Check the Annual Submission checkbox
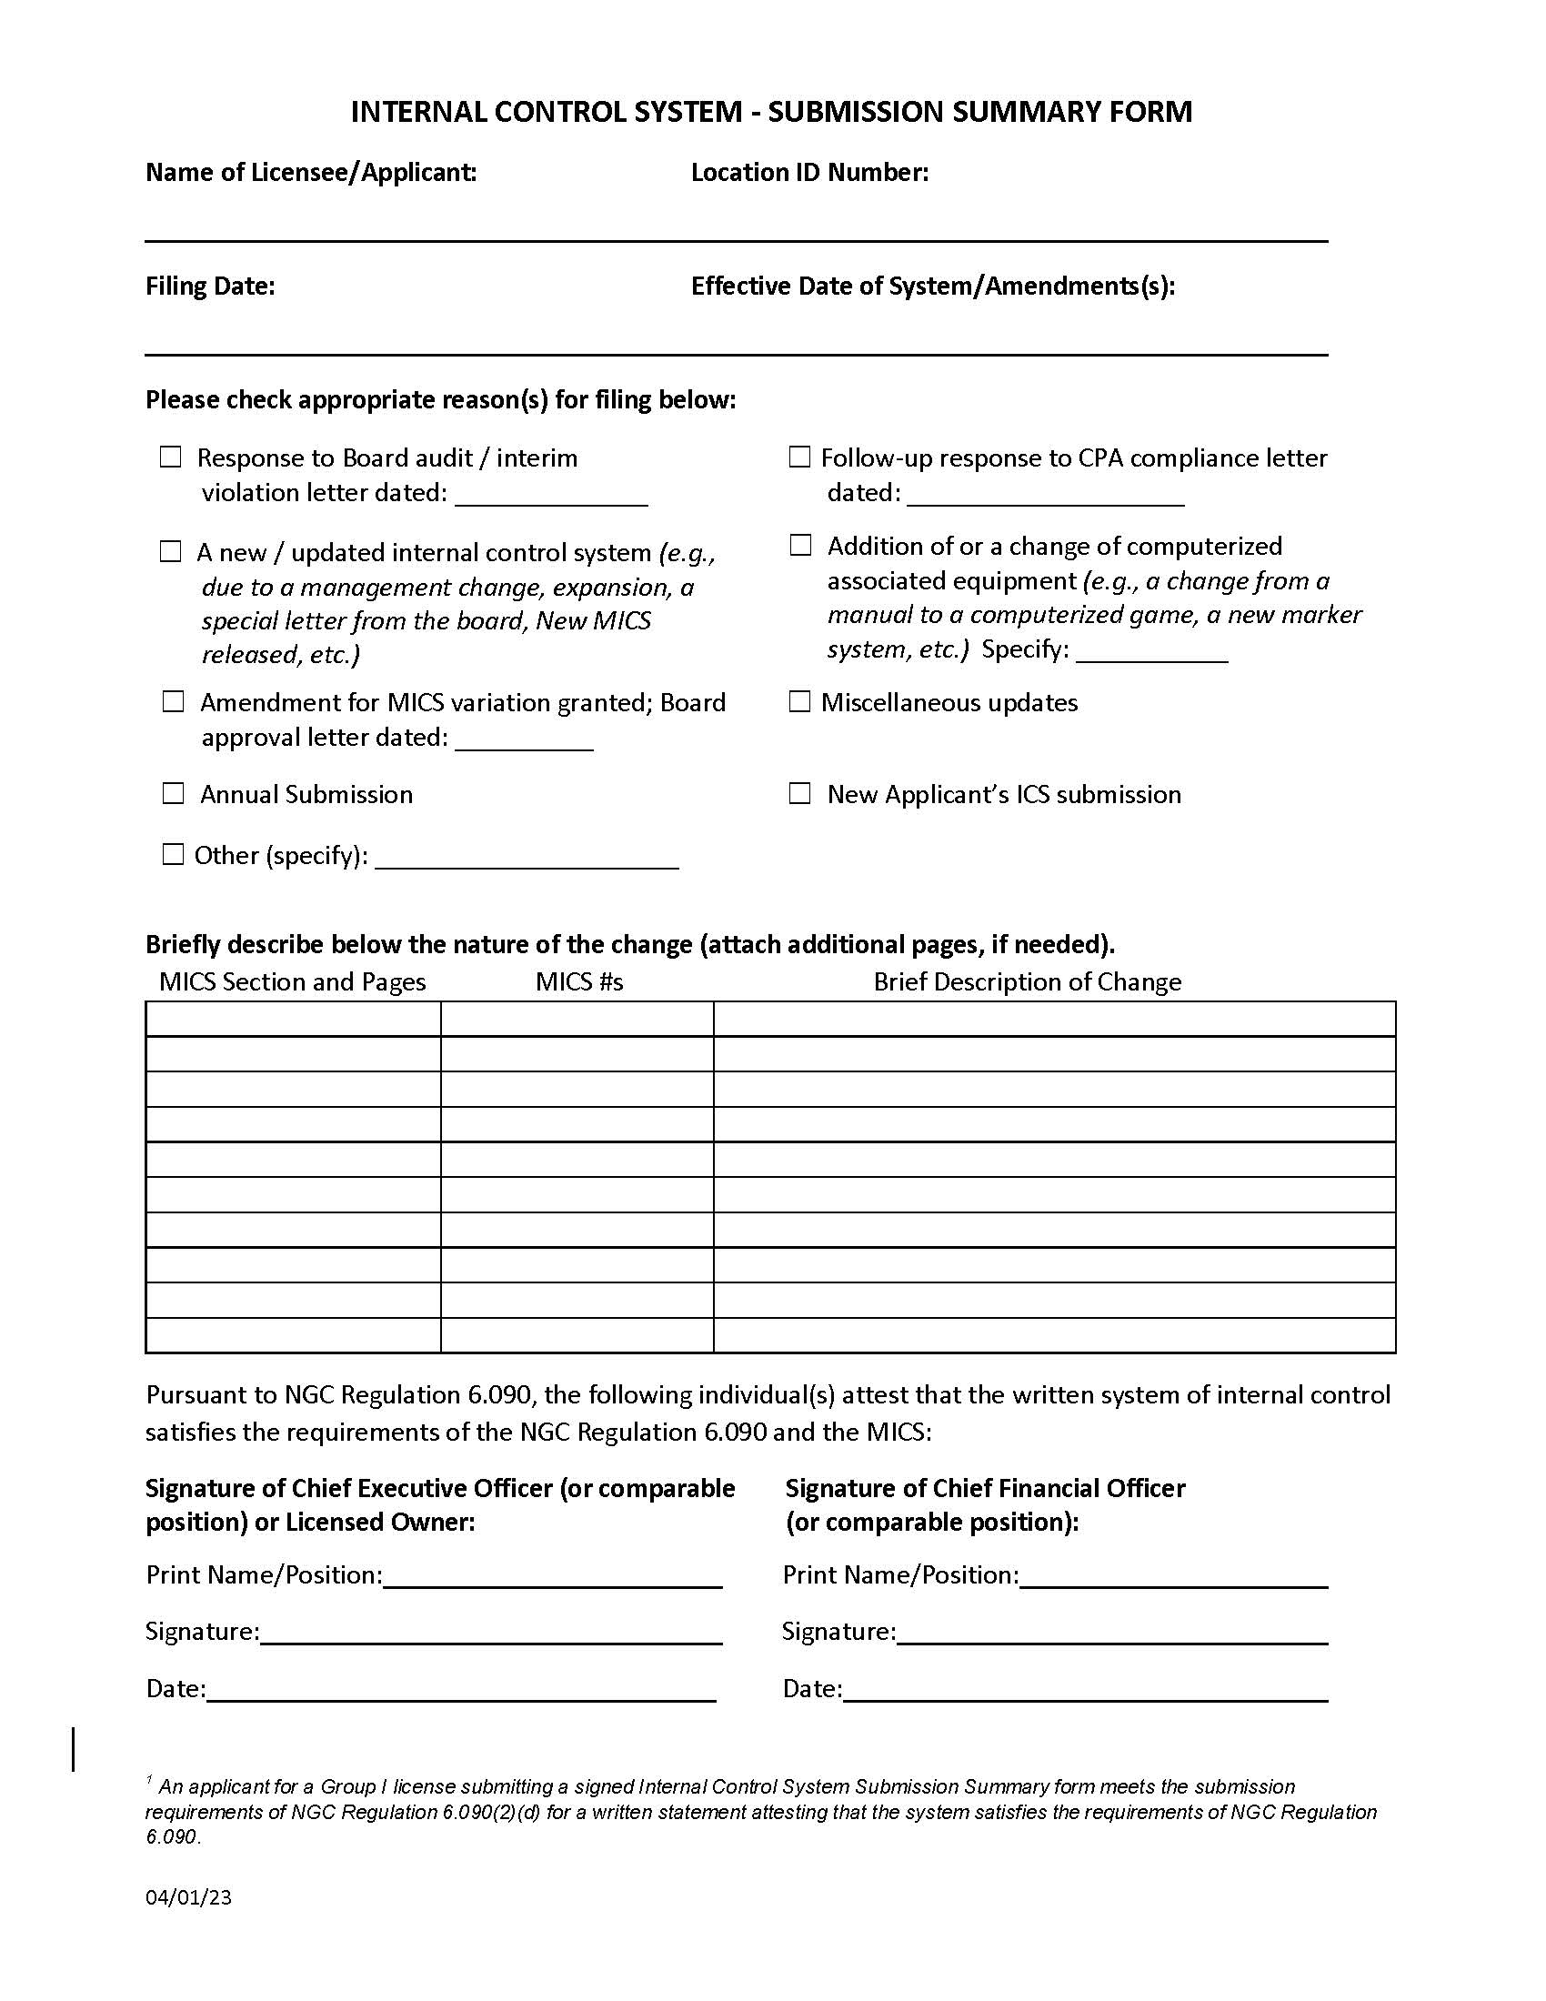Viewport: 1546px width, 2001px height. tap(173, 793)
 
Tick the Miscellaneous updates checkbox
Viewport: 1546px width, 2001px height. tap(799, 702)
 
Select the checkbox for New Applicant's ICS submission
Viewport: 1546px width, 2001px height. tap(799, 793)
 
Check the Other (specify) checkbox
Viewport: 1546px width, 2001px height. tap(173, 855)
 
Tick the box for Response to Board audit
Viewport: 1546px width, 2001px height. tap(171, 458)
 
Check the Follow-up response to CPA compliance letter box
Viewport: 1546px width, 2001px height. tap(799, 458)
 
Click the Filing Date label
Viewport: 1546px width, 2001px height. tap(210, 287)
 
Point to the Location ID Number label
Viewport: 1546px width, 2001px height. tap(809, 173)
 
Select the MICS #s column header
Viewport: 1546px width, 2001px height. tap(578, 982)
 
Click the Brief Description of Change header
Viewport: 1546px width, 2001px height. tap(1027, 982)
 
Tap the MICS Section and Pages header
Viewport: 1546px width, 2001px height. tap(292, 982)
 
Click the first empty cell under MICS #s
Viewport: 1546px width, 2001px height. tap(577, 1019)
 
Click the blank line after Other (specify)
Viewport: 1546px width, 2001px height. tap(527, 860)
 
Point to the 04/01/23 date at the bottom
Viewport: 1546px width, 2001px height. tap(188, 1897)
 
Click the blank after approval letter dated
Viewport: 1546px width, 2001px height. tap(524, 741)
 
